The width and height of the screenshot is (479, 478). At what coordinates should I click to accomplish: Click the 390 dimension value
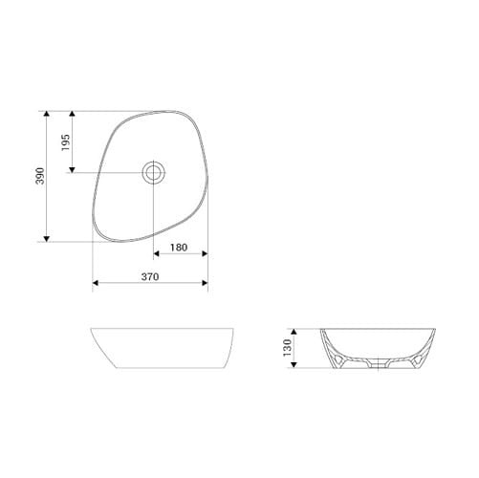pyautogui.click(x=38, y=177)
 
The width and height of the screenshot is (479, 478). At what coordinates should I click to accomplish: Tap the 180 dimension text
pyautogui.click(x=178, y=248)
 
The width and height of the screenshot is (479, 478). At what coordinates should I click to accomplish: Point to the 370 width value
pyautogui.click(x=148, y=276)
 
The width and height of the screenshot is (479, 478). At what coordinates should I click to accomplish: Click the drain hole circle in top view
pyautogui.click(x=153, y=172)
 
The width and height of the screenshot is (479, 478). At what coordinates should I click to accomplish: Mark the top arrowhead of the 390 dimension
pyautogui.click(x=46, y=114)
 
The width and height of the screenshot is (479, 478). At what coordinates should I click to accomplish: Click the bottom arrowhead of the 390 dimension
pyautogui.click(x=46, y=239)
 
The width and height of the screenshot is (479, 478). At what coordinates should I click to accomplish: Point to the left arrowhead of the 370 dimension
pyautogui.click(x=95, y=284)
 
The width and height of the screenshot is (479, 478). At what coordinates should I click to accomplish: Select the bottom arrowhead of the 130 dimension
pyautogui.click(x=295, y=367)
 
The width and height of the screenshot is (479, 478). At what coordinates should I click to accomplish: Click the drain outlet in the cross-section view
pyautogui.click(x=379, y=364)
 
